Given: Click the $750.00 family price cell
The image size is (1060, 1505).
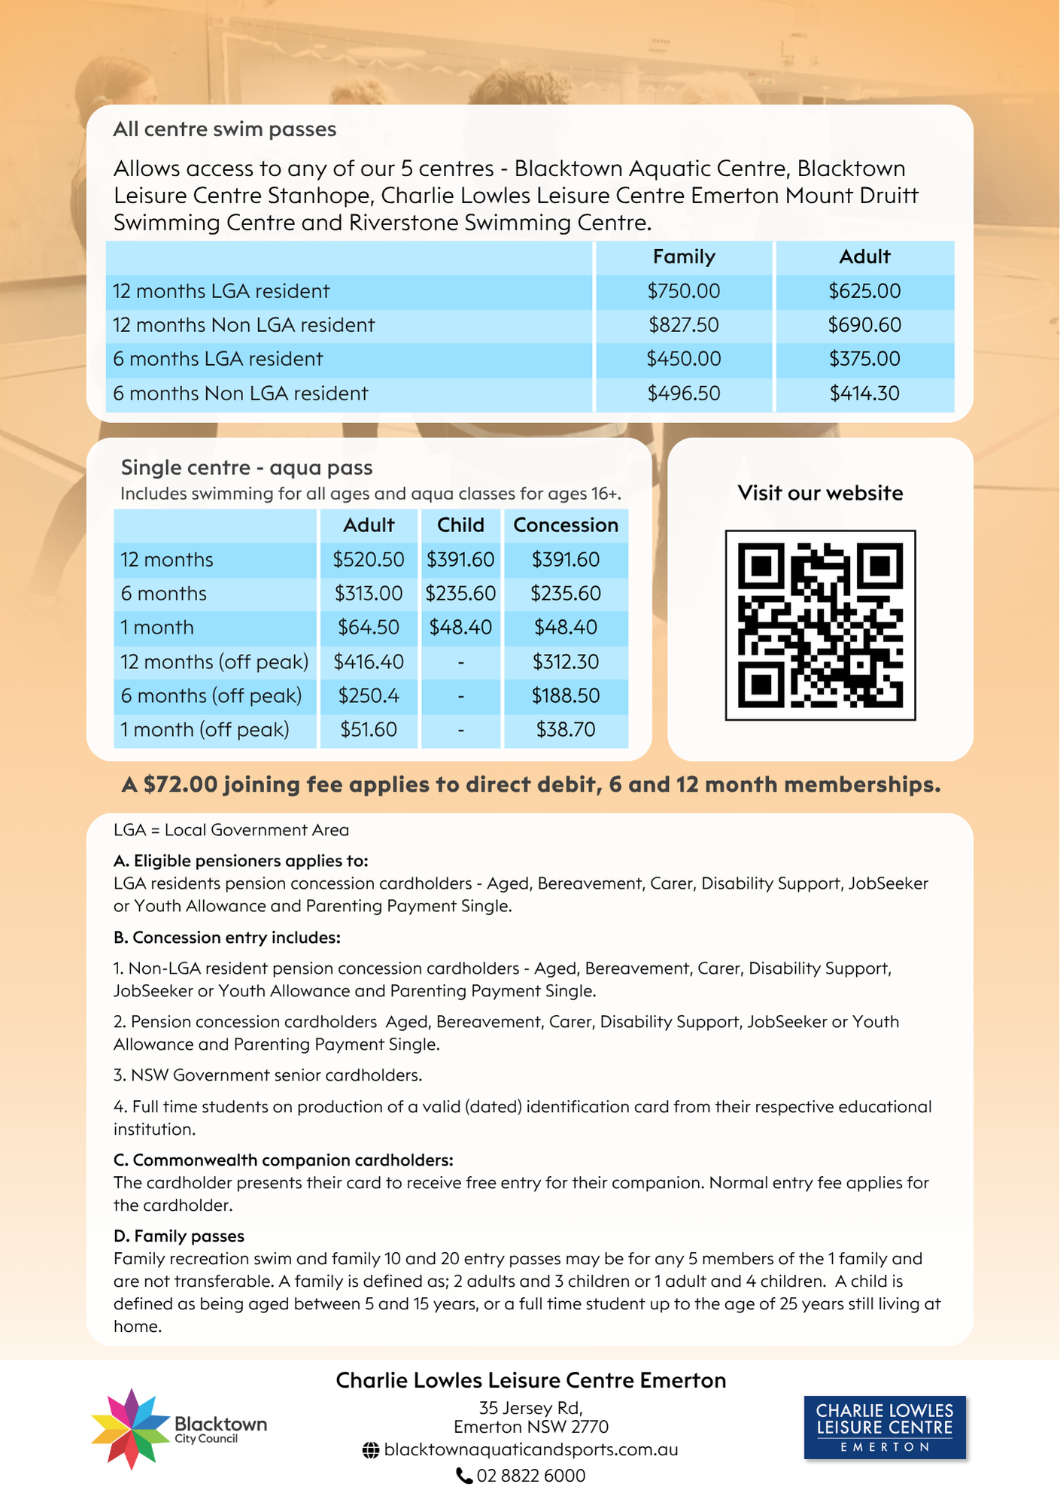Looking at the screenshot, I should pos(683,291).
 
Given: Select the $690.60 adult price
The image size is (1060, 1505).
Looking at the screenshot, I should pos(864,325).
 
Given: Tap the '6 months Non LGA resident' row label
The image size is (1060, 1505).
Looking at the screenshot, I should pos(240,394).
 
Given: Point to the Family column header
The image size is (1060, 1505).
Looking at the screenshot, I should pos(683,257).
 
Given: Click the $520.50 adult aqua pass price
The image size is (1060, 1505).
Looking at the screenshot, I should pos(369,560).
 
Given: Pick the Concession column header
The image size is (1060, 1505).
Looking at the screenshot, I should pos(566,525).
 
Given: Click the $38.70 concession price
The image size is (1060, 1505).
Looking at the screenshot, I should pos(566,730).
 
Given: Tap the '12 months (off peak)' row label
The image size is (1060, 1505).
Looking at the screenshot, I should pos(214,662).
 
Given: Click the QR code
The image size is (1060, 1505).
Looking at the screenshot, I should pos(820,625).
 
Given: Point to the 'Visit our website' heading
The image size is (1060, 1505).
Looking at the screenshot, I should pos(820,493).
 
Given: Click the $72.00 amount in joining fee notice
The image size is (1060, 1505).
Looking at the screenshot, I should pos(181,785).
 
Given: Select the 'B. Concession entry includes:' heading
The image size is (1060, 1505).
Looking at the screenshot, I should pos(227,938).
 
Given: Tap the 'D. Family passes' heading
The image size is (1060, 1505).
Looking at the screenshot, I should pos(179,1236).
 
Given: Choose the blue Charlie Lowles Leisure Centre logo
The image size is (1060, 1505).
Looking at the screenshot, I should pos(885,1427).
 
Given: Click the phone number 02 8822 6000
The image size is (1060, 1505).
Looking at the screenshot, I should pos(530,1476).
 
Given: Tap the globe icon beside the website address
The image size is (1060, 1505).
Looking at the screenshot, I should pos(370,1450).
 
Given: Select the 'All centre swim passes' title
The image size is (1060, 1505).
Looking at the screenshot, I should pos(224,129).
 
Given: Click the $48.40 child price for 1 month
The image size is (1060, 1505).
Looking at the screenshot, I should pos(460,628).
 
